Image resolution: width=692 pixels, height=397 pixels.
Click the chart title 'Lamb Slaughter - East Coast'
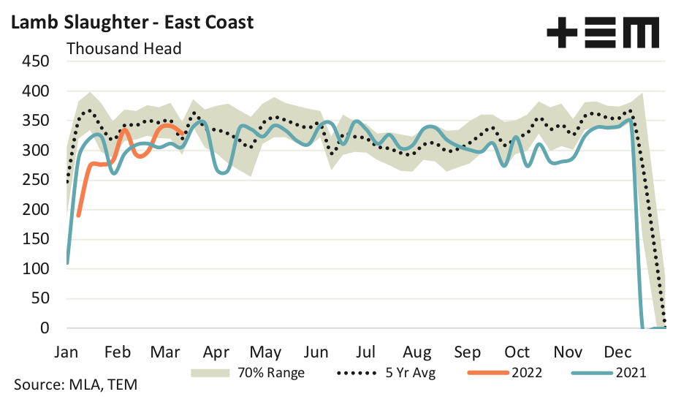[132, 22]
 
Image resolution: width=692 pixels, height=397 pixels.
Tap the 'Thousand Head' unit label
[123, 49]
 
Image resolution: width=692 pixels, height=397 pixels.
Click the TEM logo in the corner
[603, 33]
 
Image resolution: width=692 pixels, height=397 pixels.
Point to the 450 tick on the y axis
[36, 62]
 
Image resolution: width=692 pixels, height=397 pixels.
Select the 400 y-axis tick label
[36, 92]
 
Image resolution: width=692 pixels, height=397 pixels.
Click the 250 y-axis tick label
[36, 181]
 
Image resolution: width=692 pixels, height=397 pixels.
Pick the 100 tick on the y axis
[36, 269]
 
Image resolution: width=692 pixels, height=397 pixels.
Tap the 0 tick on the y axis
[44, 328]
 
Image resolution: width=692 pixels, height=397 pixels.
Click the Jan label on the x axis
[67, 351]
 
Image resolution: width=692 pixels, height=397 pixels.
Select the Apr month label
[217, 351]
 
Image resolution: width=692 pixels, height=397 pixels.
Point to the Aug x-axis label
[417, 351]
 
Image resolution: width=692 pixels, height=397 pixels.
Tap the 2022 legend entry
[522, 372]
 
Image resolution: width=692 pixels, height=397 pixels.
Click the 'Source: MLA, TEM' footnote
[75, 385]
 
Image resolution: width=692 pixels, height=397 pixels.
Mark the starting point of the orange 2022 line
[78, 216]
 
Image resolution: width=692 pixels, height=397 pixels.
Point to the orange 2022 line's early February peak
[124, 129]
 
